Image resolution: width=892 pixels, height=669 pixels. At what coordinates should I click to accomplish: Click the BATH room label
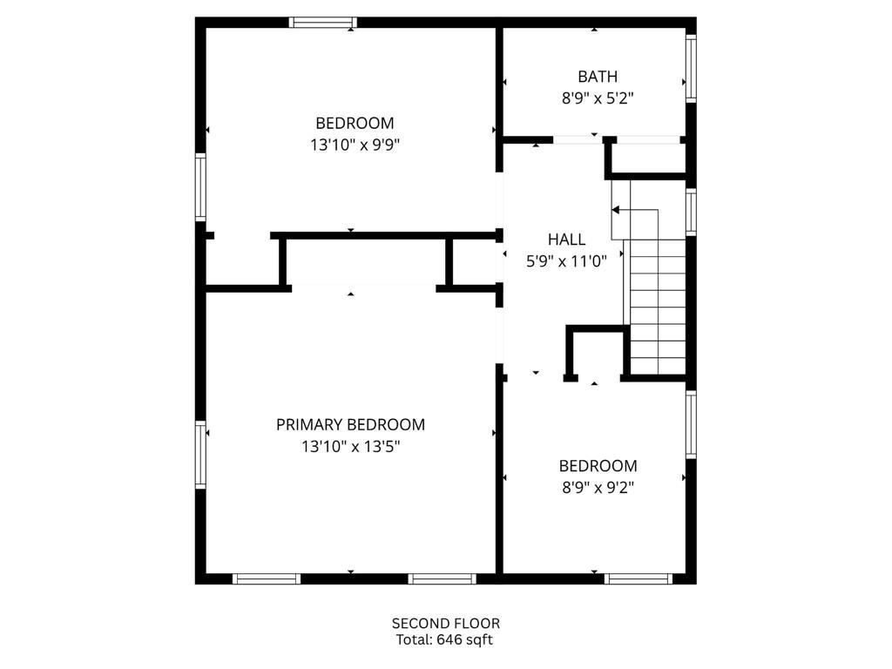click(598, 77)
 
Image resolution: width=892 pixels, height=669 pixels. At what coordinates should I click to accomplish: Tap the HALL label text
click(566, 240)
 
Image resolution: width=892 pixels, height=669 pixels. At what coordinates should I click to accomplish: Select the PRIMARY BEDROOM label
click(350, 424)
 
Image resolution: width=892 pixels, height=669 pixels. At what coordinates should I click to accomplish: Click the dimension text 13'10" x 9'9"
click(355, 145)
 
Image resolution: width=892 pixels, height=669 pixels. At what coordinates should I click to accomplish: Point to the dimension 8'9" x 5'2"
click(598, 98)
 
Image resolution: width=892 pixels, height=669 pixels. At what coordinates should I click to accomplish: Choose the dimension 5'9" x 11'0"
click(566, 261)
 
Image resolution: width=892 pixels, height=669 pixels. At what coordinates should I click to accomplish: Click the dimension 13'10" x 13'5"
click(351, 447)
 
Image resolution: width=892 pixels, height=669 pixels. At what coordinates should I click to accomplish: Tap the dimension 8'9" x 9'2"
click(598, 488)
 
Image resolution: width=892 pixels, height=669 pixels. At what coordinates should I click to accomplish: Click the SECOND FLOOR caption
click(446, 624)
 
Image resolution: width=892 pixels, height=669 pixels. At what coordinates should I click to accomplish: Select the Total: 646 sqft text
click(444, 640)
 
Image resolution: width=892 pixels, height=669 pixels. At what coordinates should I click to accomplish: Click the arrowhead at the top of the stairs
click(616, 210)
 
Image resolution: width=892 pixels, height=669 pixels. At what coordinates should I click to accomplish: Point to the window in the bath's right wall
click(691, 68)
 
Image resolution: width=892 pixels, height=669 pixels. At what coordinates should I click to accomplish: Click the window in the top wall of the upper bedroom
click(323, 23)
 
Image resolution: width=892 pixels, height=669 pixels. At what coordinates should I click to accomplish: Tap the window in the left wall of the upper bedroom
click(200, 187)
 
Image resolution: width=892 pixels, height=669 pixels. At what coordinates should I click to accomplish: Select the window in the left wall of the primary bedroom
click(200, 455)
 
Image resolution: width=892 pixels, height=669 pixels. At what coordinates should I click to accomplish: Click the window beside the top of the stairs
click(691, 212)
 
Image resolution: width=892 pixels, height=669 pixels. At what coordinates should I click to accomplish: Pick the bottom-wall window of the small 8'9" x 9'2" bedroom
click(639, 579)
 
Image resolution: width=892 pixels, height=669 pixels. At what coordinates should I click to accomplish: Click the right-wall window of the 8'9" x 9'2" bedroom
click(691, 424)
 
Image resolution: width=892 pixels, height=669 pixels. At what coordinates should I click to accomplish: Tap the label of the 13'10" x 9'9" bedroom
click(355, 123)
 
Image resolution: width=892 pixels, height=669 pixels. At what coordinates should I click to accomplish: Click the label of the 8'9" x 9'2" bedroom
click(598, 466)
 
